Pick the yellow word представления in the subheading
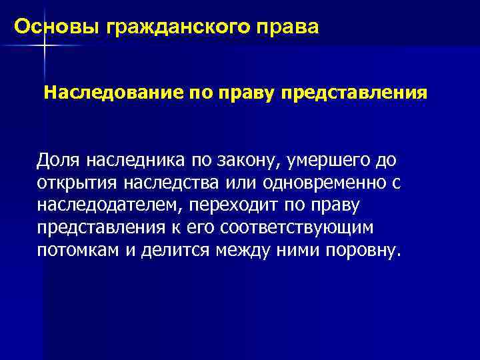(x=354, y=93)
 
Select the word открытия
(x=74, y=183)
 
